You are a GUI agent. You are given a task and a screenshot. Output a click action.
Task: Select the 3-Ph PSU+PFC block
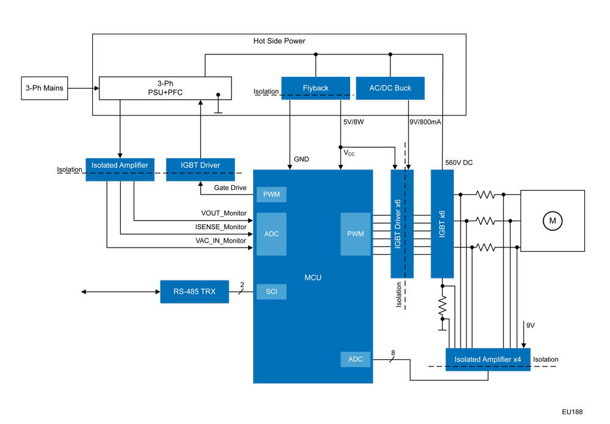[165, 88]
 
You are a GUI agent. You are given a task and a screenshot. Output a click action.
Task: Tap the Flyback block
[315, 88]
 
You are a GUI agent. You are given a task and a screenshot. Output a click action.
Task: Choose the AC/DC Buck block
[390, 88]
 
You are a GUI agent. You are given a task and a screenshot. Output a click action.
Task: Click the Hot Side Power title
[279, 41]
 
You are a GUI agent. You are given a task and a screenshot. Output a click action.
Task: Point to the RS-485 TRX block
[195, 291]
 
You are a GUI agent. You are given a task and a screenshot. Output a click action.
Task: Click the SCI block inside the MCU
[271, 291]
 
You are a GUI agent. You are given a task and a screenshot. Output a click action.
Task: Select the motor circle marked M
[553, 220]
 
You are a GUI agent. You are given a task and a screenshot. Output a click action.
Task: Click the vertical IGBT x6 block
[442, 223]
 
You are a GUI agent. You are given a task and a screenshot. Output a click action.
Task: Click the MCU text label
[313, 278]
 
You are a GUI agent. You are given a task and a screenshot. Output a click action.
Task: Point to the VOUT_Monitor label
[224, 213]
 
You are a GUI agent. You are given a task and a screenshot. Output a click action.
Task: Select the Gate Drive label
[231, 188]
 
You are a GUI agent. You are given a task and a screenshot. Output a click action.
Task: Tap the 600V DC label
[459, 163]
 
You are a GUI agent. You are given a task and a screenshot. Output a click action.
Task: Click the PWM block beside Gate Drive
[271, 194]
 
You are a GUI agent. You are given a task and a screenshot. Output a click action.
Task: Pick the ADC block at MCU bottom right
[355, 359]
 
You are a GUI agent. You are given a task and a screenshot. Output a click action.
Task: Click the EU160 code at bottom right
[573, 412]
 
